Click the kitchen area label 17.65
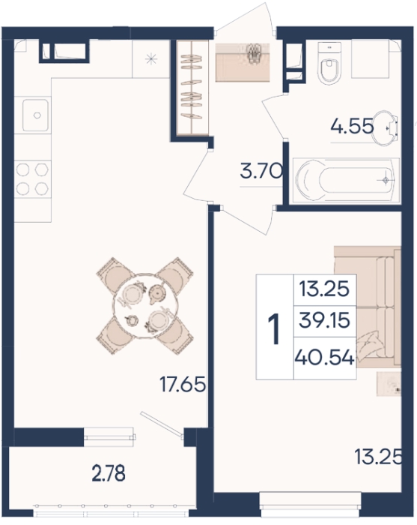click(183, 384)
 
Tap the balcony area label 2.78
click(109, 473)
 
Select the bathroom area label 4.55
click(352, 127)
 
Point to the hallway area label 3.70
click(261, 172)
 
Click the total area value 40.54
click(324, 358)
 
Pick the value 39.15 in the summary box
click(324, 320)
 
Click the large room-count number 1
click(276, 328)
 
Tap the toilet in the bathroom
click(329, 62)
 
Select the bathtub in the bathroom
click(346, 181)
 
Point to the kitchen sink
click(36, 115)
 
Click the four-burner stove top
click(32, 179)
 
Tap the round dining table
click(146, 306)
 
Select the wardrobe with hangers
click(192, 88)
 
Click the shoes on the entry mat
click(254, 52)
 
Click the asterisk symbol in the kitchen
click(151, 59)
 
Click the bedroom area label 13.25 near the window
click(378, 457)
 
